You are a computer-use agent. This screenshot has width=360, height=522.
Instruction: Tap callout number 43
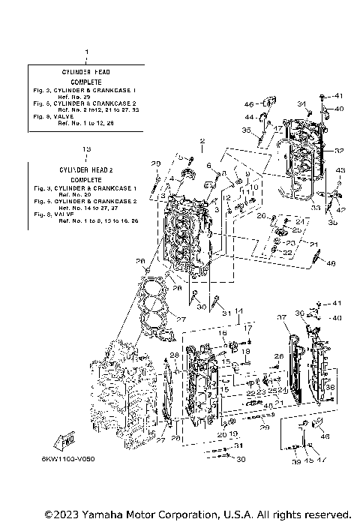coord(340,171)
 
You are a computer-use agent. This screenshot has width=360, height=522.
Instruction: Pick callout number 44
coord(248,118)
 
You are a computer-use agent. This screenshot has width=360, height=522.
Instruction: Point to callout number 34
coord(301,103)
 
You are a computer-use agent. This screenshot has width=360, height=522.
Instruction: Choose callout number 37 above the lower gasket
coord(283,318)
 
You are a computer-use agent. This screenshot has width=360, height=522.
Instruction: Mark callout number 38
coord(331,388)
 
